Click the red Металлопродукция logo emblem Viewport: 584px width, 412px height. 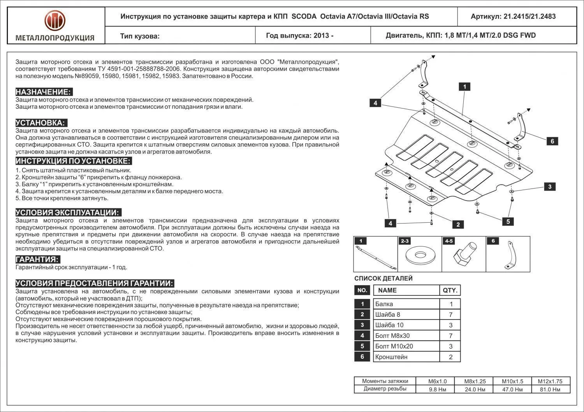click(x=55, y=21)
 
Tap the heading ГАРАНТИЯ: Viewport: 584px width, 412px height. click(x=37, y=260)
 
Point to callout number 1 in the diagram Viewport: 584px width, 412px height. click(x=464, y=87)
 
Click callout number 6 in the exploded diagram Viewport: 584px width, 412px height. click(x=552, y=141)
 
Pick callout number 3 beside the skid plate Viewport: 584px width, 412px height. click(x=550, y=187)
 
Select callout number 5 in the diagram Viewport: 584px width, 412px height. click(x=508, y=222)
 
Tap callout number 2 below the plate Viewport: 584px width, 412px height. click(x=458, y=224)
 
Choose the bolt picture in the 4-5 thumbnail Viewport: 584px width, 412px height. click(x=464, y=255)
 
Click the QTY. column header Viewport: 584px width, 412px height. click(x=450, y=290)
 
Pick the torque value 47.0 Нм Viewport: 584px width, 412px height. click(x=512, y=389)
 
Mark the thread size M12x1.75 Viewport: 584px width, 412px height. click(x=551, y=381)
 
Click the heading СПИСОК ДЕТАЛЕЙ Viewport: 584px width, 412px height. click(x=383, y=278)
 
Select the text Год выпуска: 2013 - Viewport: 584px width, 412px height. click(x=300, y=36)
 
